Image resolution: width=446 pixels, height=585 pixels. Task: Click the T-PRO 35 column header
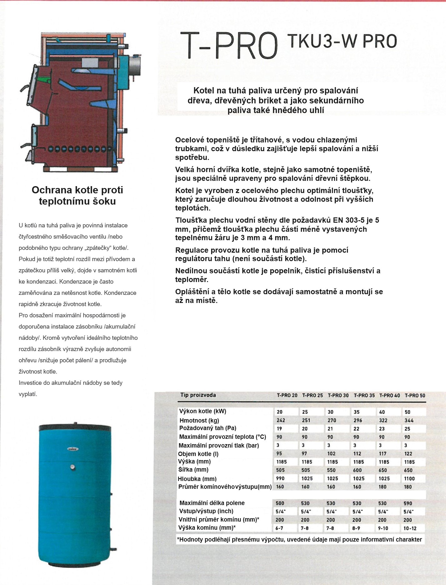[x=364, y=395]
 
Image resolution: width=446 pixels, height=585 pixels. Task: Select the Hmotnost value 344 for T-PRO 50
[x=409, y=420]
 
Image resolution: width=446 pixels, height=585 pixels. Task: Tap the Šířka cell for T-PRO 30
[x=331, y=470]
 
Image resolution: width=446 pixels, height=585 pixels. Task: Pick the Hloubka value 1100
[x=409, y=478]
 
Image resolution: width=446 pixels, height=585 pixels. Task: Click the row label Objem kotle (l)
[x=198, y=454]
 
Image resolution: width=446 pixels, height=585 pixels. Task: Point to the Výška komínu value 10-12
[x=410, y=528]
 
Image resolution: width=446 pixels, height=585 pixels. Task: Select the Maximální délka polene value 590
[x=408, y=503]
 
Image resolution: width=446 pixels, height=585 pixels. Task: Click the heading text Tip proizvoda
[x=198, y=395]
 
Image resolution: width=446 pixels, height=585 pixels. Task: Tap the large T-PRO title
[x=229, y=46]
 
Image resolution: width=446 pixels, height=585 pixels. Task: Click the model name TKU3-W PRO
[x=342, y=42]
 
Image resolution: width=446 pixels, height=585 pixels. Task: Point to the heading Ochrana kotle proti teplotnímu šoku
[x=77, y=196]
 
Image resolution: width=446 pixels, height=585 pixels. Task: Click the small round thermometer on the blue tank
[x=72, y=467]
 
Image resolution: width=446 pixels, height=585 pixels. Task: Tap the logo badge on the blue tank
[x=73, y=449]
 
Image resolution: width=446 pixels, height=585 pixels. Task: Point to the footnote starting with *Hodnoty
[x=299, y=539]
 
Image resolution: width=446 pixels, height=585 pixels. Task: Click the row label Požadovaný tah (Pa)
[x=208, y=428]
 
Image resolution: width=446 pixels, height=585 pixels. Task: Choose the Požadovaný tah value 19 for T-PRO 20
[x=279, y=429]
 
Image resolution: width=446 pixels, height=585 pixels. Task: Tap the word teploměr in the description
[x=191, y=280]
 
